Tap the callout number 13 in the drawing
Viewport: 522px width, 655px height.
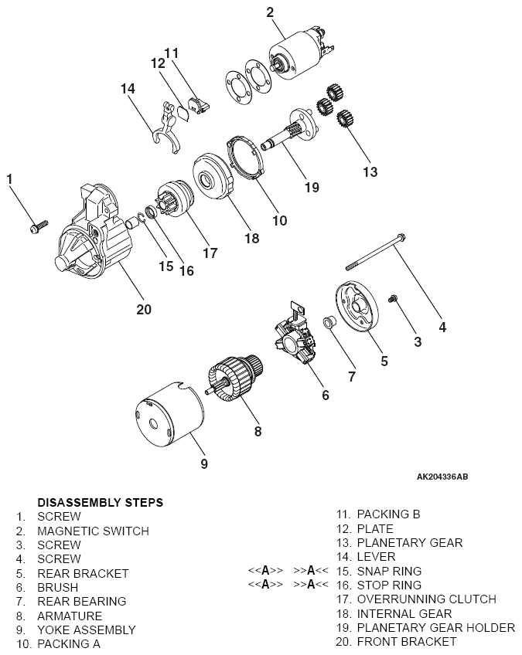coord(372,171)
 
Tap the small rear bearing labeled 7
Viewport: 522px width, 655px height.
coord(327,322)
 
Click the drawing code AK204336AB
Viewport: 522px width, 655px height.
coord(442,477)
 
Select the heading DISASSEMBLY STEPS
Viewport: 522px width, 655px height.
coord(100,502)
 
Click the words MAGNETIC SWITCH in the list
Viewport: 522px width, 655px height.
coord(93,531)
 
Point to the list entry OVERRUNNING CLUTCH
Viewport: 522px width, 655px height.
coord(426,599)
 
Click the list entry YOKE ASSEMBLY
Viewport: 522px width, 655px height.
coord(86,630)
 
